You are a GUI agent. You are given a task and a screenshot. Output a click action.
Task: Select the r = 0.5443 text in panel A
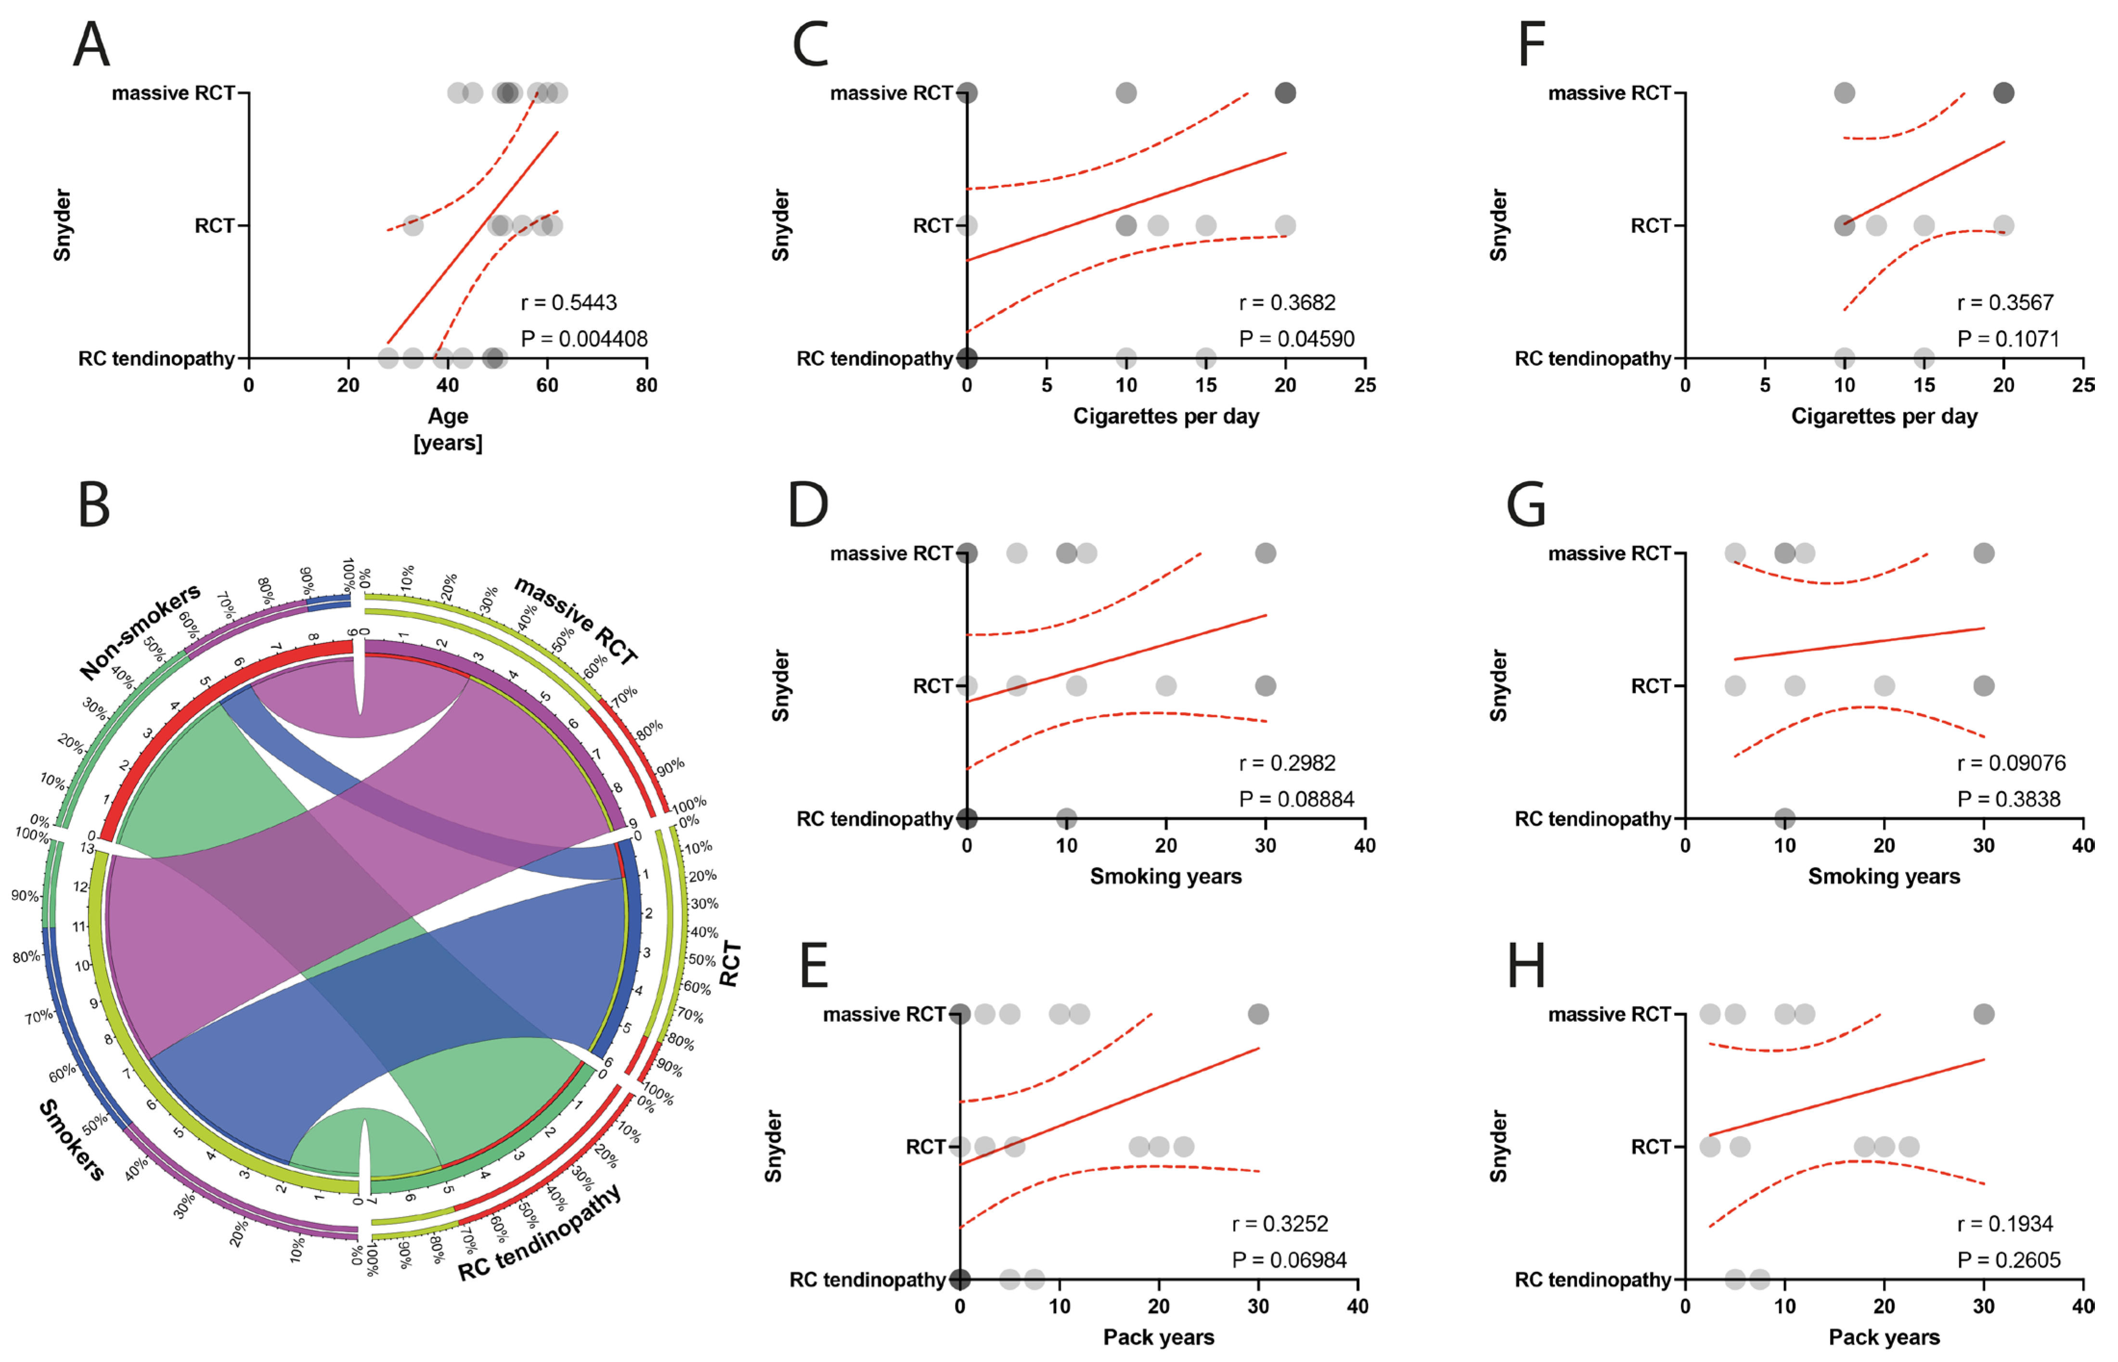click(568, 302)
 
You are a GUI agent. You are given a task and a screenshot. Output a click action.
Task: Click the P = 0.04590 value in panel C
click(1296, 339)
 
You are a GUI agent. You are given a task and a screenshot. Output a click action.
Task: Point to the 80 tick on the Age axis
click(646, 385)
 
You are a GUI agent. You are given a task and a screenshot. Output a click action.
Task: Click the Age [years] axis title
click(448, 429)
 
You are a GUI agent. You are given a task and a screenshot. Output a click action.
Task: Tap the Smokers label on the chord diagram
click(73, 1139)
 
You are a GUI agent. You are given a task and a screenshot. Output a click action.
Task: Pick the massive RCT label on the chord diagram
click(576, 621)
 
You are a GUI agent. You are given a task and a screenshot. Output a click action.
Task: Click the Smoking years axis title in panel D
click(1165, 876)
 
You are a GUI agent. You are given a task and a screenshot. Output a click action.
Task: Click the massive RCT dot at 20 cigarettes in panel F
click(2003, 93)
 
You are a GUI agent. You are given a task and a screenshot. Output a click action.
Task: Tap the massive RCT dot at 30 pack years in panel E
click(1257, 1014)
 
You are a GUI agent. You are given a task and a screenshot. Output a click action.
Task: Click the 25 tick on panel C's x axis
click(1365, 385)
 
